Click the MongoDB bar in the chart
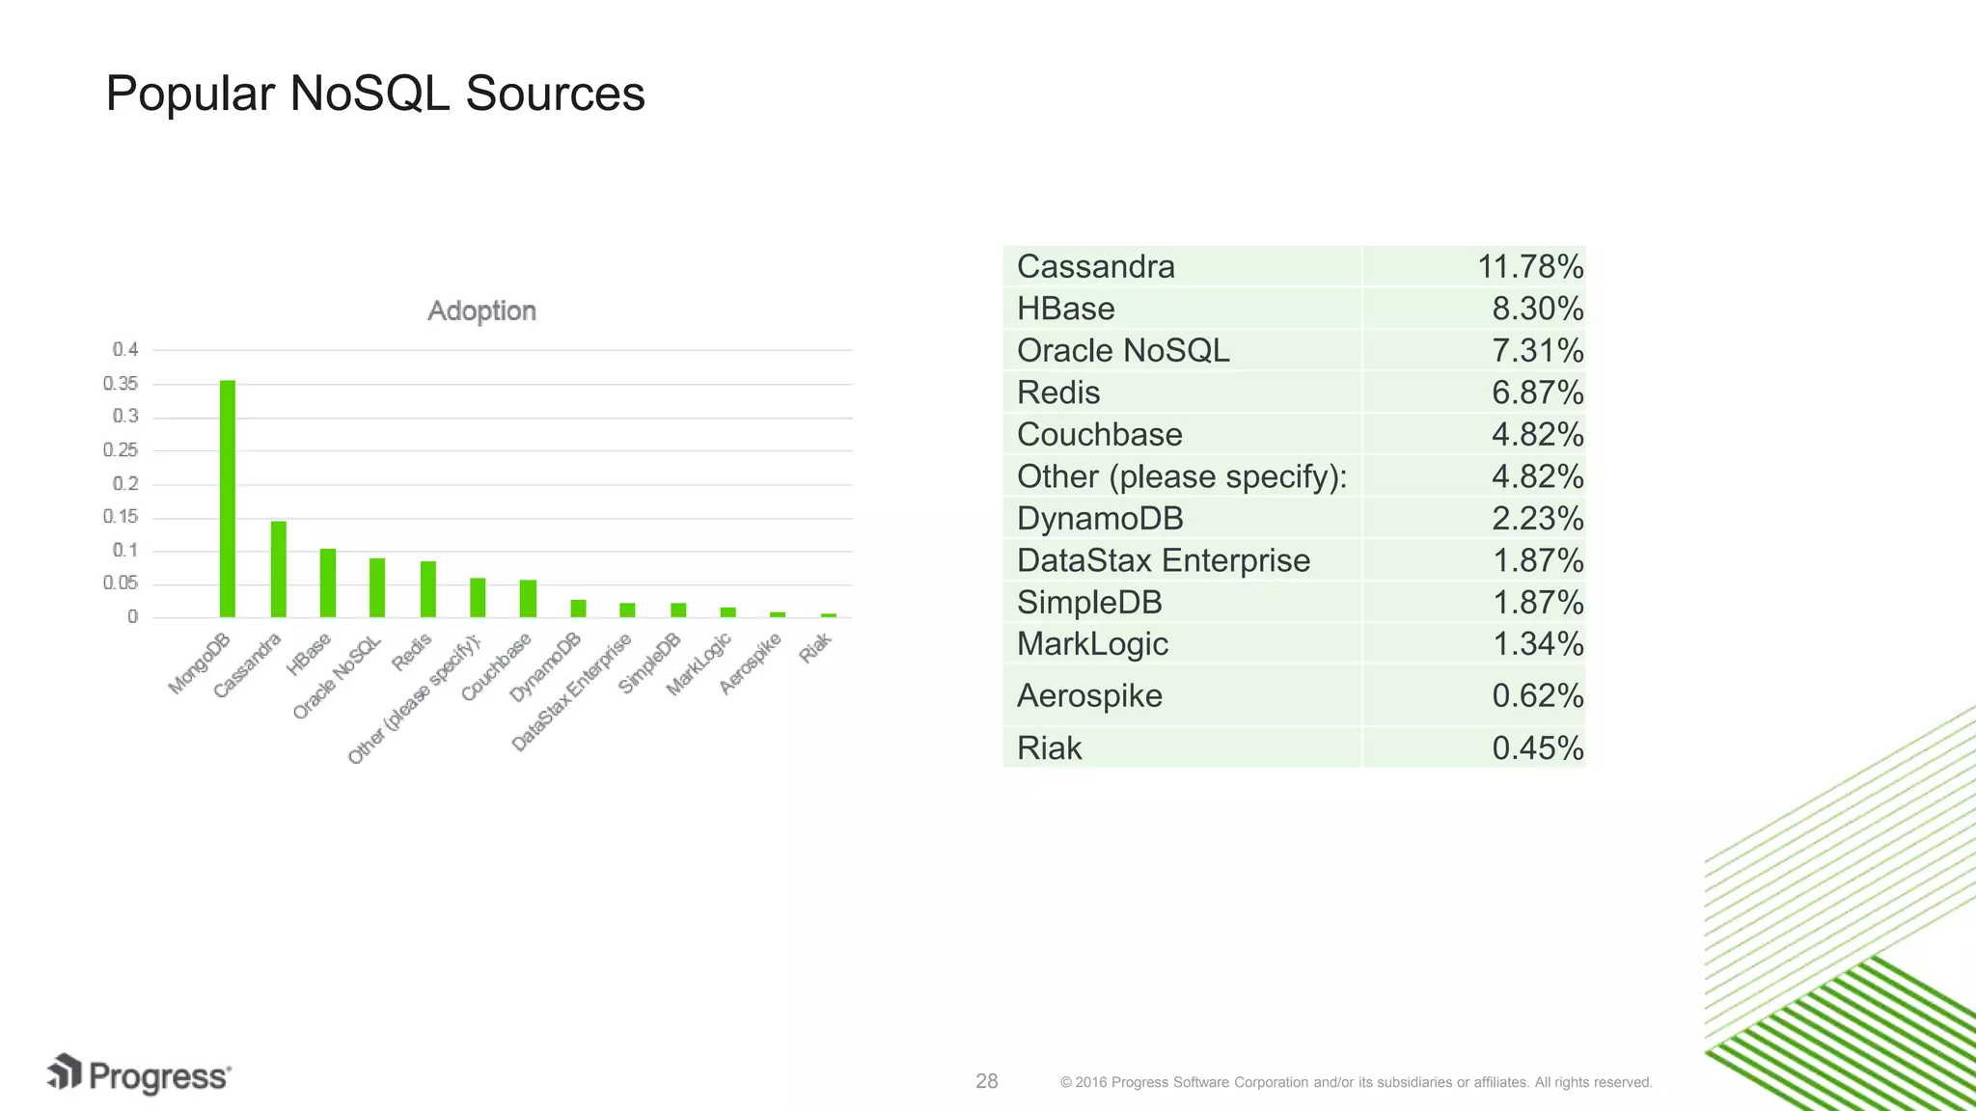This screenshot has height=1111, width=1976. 228,499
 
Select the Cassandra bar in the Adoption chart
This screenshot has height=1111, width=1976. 278,569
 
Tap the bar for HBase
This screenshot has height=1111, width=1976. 328,583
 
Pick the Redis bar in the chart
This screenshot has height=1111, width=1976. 427,589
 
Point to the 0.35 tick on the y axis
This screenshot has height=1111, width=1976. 121,384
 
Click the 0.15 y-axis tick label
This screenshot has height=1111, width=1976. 121,517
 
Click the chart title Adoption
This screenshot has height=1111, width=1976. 481,311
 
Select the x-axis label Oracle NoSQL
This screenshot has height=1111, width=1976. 337,678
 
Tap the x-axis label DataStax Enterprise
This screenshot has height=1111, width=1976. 571,692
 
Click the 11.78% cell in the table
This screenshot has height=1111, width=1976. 1529,267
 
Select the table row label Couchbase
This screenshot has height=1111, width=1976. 1099,435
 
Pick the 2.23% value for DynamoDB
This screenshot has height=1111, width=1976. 1537,519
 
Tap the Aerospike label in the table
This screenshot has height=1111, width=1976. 1089,695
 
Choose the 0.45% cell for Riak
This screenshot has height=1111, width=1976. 1537,748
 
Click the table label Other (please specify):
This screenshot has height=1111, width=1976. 1181,476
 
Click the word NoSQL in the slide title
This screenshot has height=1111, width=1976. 370,95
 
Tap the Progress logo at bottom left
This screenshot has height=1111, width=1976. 140,1075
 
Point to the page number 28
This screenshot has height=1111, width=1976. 986,1081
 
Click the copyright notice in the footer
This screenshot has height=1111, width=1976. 1356,1082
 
